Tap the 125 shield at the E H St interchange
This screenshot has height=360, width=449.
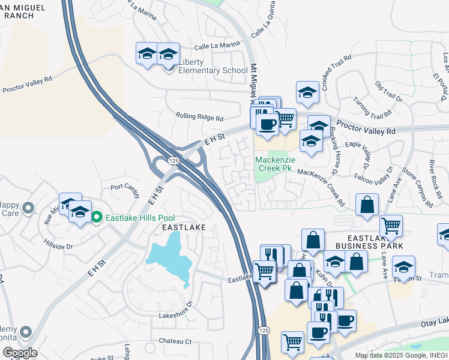tap(173, 161)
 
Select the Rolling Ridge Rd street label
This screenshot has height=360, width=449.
tap(199, 118)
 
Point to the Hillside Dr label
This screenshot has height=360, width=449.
tap(58, 245)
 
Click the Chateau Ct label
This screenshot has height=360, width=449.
tap(175, 341)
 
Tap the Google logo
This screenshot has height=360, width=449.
tap(19, 352)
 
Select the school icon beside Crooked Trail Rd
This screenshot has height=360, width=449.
tap(307, 92)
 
